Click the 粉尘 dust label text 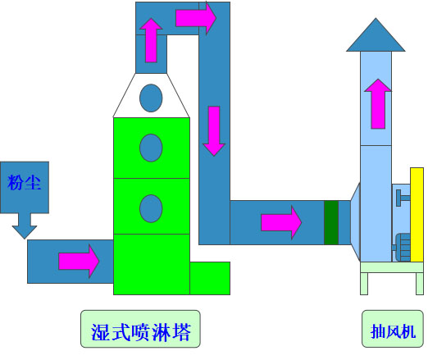24,182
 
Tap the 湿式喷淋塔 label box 140,329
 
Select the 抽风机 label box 393,329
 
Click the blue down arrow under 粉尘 25,226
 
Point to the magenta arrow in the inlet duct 79,261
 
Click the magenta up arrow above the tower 151,40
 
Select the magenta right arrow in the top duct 196,18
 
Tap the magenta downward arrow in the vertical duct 214,131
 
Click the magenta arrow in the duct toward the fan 281,222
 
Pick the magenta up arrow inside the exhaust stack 378,104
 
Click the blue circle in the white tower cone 151,98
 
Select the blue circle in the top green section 151,148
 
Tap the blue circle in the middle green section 151,208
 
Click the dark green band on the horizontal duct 331,222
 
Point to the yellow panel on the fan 417,215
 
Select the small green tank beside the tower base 210,278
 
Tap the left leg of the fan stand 364,284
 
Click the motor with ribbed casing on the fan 402,247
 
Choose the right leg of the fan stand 420,284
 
